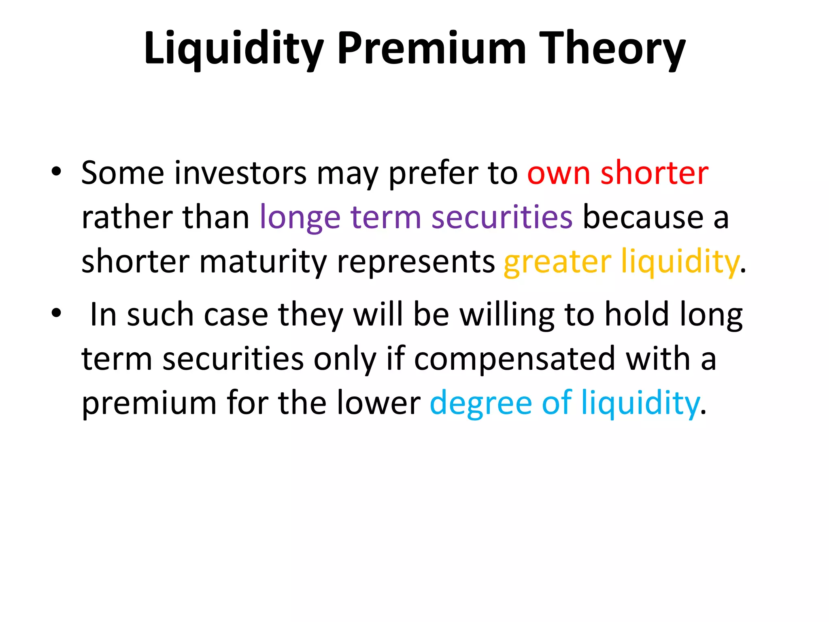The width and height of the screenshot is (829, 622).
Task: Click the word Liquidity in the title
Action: (234, 49)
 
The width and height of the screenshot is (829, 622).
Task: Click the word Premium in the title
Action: (431, 49)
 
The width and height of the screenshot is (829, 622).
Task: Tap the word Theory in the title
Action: (612, 49)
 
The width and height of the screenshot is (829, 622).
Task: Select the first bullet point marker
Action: (56, 172)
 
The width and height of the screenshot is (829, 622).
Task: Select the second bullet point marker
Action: (56, 313)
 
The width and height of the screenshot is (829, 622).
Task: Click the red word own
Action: (559, 173)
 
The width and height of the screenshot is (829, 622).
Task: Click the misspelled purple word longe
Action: (300, 218)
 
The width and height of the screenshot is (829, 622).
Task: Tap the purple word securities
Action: (502, 217)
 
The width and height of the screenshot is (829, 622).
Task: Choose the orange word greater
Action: (557, 262)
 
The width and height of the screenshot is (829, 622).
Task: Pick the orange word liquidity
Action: (680, 262)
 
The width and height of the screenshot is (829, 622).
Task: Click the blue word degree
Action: (480, 403)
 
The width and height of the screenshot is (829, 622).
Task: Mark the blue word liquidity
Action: (640, 403)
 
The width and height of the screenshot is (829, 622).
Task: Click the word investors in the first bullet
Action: (240, 173)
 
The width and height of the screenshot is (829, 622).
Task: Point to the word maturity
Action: (263, 262)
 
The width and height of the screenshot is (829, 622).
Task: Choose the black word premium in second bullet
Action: (149, 403)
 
